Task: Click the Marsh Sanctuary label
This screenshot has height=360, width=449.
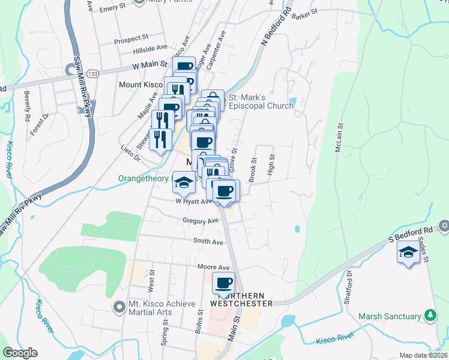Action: pyautogui.click(x=390, y=316)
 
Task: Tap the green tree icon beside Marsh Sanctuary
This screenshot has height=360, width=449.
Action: pyautogui.click(x=430, y=315)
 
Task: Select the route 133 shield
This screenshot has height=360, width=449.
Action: pyautogui.click(x=92, y=73)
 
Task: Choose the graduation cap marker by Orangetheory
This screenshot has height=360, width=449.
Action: pyautogui.click(x=184, y=183)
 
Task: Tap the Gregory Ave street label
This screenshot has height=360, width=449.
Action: pyautogui.click(x=201, y=221)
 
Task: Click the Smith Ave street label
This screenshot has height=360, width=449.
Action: pyautogui.click(x=208, y=242)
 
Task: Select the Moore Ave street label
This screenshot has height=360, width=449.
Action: pyautogui.click(x=214, y=267)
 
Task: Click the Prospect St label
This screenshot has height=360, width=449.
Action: pyautogui.click(x=131, y=41)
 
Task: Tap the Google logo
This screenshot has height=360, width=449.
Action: pyautogui.click(x=20, y=353)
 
